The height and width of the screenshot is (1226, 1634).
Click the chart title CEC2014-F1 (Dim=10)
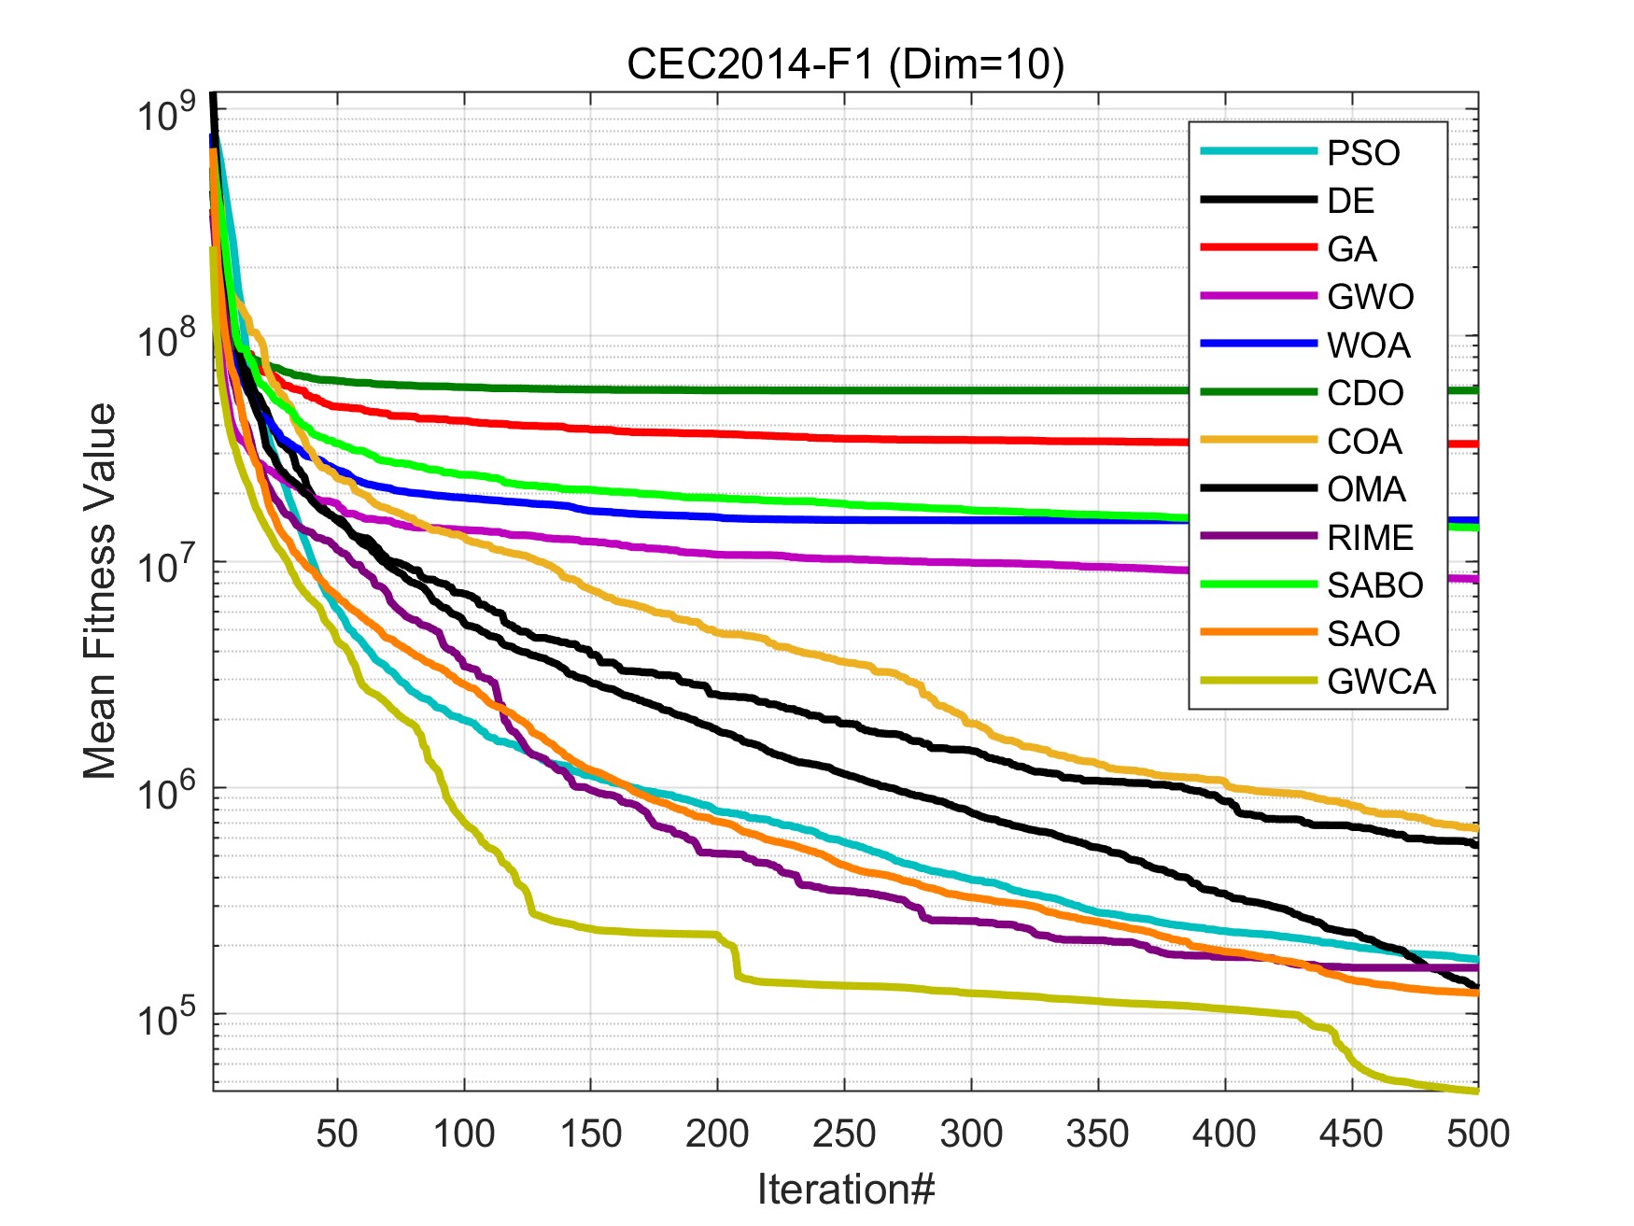pyautogui.click(x=845, y=64)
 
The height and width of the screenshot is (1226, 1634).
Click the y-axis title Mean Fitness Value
pyautogui.click(x=99, y=591)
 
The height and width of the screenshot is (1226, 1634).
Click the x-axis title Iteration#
pyautogui.click(x=845, y=1190)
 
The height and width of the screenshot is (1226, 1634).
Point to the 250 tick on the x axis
pyautogui.click(x=844, y=1134)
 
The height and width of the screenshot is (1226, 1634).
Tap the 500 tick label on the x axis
pyautogui.click(x=1477, y=1134)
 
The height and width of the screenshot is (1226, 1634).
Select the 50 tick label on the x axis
pyautogui.click(x=337, y=1134)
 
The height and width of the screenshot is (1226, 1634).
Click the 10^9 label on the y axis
pyautogui.click(x=164, y=114)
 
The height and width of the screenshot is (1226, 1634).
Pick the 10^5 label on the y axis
pyautogui.click(x=164, y=1018)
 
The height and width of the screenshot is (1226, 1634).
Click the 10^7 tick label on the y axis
pyautogui.click(x=164, y=566)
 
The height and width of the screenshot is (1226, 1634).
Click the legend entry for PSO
pyautogui.click(x=1363, y=153)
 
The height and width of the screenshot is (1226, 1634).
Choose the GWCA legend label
pyautogui.click(x=1381, y=682)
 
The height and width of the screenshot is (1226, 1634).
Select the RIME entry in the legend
pyautogui.click(x=1370, y=538)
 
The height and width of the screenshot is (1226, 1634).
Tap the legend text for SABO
pyautogui.click(x=1374, y=585)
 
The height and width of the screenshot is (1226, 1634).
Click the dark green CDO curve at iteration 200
pyautogui.click(x=717, y=390)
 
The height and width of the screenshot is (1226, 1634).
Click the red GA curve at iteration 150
pyautogui.click(x=590, y=429)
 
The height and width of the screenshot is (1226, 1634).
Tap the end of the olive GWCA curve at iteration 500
pyautogui.click(x=1475, y=1091)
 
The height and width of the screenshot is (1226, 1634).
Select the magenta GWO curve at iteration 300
pyautogui.click(x=971, y=563)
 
